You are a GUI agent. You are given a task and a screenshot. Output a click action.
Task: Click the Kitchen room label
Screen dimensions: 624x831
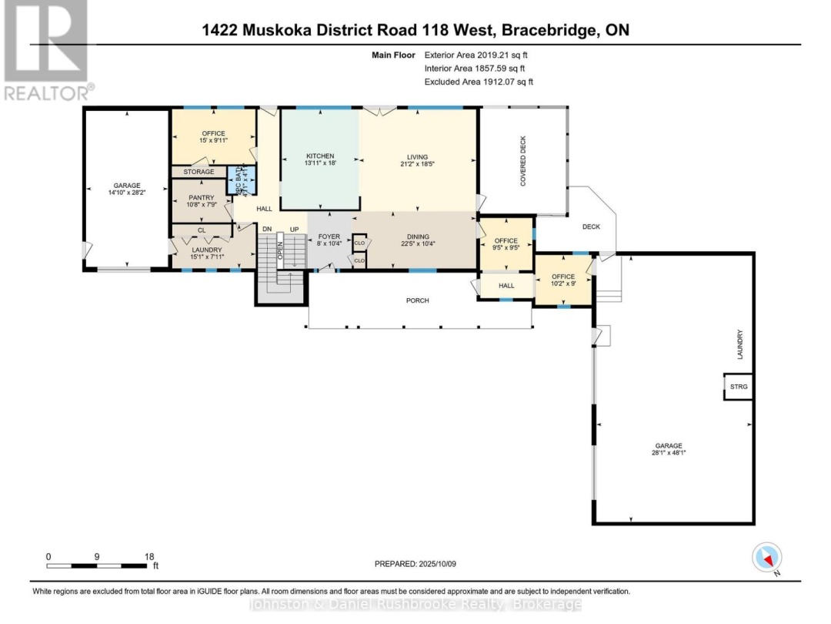(x=319, y=156)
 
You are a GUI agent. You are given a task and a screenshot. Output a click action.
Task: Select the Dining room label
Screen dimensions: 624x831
(x=418, y=237)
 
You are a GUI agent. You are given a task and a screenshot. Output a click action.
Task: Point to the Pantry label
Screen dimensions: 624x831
(x=201, y=197)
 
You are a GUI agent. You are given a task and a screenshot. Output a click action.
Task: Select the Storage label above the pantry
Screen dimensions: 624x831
(x=199, y=172)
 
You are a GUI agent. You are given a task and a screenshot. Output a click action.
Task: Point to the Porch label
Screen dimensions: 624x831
(x=419, y=300)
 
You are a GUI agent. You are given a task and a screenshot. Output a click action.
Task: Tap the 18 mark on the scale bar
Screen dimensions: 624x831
(x=149, y=556)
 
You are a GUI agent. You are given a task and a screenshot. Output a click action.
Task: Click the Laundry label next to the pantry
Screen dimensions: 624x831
(x=206, y=250)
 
